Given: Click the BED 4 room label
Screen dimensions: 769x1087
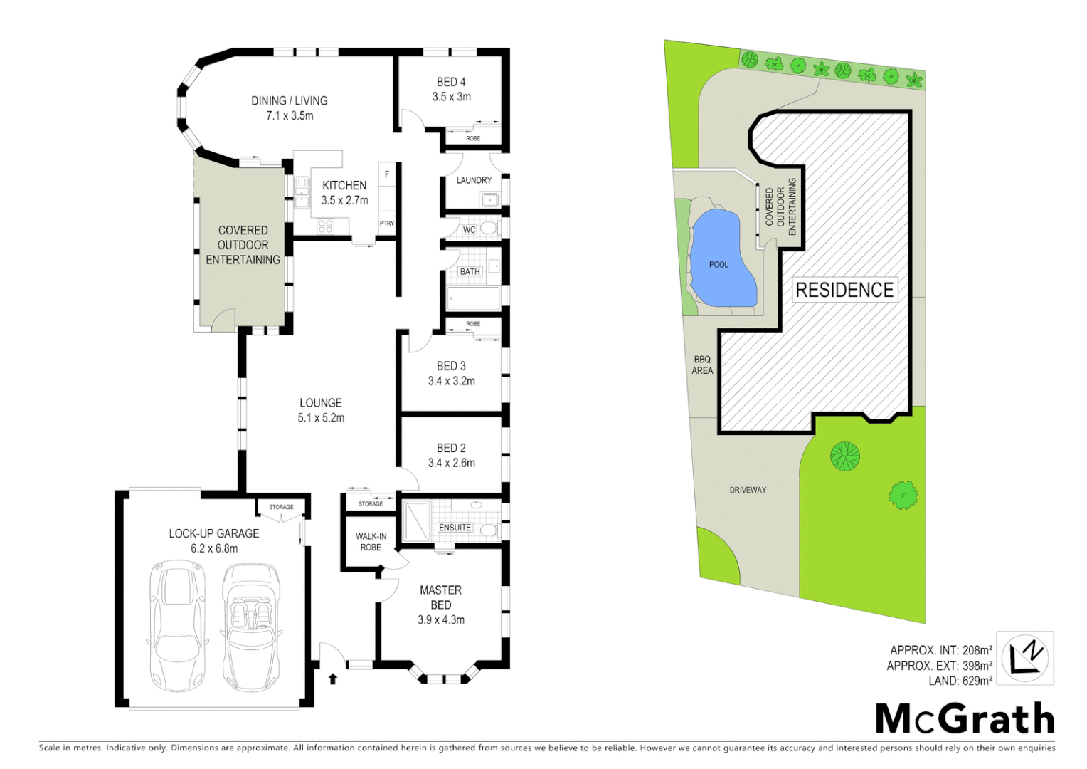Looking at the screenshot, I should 451,82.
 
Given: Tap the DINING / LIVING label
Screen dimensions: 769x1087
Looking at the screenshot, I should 289,100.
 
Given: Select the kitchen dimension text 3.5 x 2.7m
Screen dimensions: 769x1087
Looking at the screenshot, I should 344,200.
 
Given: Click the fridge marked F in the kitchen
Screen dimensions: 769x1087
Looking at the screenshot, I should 386,174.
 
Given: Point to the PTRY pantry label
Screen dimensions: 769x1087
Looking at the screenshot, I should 386,224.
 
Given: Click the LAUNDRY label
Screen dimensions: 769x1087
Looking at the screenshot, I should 474,180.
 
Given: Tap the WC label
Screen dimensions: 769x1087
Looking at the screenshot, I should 469,230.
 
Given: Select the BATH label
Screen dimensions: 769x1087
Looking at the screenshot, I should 470,271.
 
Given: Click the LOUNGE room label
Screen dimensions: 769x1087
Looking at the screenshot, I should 320,403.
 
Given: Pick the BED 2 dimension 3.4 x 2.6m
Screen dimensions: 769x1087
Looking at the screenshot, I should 451,463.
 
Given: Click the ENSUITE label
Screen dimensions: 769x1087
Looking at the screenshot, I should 455,528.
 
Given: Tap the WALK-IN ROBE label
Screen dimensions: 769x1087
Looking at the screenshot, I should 371,542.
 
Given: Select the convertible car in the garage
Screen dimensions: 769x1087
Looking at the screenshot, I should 251,627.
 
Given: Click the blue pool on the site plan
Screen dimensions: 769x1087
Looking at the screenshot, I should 721,260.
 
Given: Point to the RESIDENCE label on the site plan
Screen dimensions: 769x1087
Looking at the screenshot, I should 844,290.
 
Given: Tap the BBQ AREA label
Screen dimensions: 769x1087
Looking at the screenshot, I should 702,365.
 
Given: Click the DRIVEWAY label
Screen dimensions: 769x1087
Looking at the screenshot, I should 748,490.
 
